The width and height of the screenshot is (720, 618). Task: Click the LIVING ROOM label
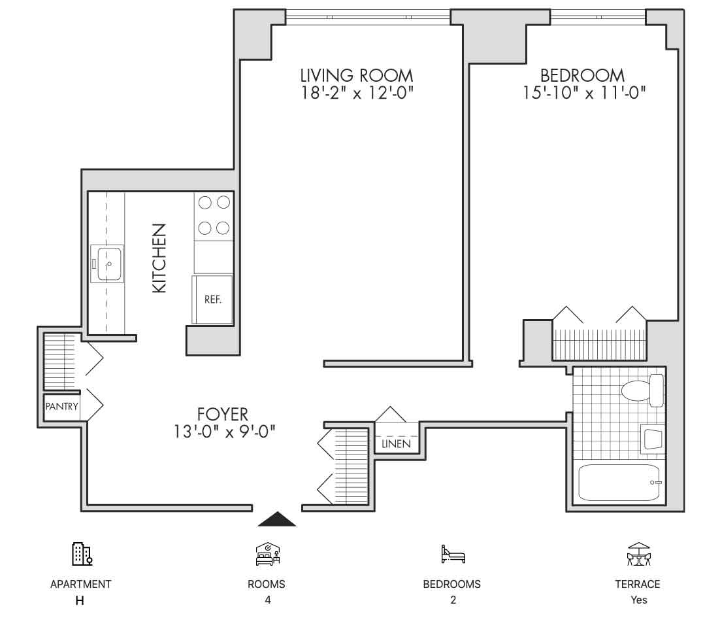(x=356, y=75)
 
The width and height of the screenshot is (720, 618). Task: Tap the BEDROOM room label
(x=582, y=75)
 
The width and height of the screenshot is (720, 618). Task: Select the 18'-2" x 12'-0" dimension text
(x=357, y=93)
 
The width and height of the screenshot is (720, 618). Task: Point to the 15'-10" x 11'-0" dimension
(x=584, y=93)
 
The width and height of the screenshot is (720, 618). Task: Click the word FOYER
(x=223, y=415)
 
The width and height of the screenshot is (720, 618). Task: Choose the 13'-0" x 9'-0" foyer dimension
(x=224, y=432)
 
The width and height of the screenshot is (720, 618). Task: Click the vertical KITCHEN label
(x=159, y=258)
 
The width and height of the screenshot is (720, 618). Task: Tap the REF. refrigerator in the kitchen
(x=212, y=300)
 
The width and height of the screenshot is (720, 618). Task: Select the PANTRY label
(x=61, y=407)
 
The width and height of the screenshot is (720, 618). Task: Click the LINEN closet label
(x=397, y=444)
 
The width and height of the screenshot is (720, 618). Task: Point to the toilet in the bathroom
(x=642, y=390)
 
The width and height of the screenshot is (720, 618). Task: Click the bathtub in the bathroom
(x=619, y=483)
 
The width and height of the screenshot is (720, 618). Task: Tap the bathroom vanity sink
(x=653, y=439)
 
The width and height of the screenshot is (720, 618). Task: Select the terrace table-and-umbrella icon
(x=639, y=554)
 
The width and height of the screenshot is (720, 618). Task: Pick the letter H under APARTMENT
(x=80, y=600)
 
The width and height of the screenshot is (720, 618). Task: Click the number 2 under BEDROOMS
(x=453, y=600)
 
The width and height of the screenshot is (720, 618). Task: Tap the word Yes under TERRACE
(x=639, y=600)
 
